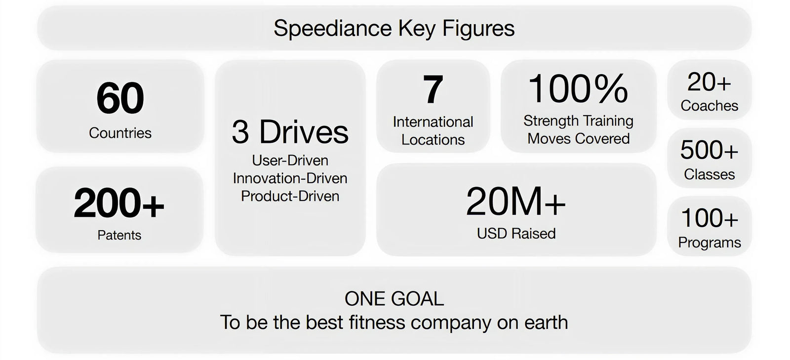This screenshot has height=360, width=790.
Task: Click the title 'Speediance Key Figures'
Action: tap(394, 28)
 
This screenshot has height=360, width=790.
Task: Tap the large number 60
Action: tap(120, 98)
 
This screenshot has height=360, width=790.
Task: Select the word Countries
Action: tap(120, 133)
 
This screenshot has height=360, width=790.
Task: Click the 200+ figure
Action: tap(119, 203)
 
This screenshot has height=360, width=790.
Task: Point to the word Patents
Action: tap(119, 235)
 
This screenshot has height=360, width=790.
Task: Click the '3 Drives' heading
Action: tap(290, 132)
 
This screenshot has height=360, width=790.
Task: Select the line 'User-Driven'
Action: tap(290, 160)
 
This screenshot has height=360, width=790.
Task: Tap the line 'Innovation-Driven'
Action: tap(290, 178)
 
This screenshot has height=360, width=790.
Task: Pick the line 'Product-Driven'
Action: tap(290, 196)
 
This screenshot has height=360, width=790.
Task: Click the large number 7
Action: tap(433, 90)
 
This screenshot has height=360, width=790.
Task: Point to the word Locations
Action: tap(433, 140)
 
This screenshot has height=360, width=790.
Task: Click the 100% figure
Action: tap(578, 89)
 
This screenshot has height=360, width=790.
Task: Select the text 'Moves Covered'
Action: tap(578, 139)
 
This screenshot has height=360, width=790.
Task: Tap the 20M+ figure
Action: tap(516, 202)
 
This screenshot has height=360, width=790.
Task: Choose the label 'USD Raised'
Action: tap(516, 233)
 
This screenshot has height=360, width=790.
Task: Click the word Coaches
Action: tap(709, 106)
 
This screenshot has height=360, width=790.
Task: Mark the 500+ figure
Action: tap(709, 150)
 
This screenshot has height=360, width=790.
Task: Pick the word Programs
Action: tap(709, 242)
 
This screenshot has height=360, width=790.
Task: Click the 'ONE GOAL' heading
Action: tap(394, 299)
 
